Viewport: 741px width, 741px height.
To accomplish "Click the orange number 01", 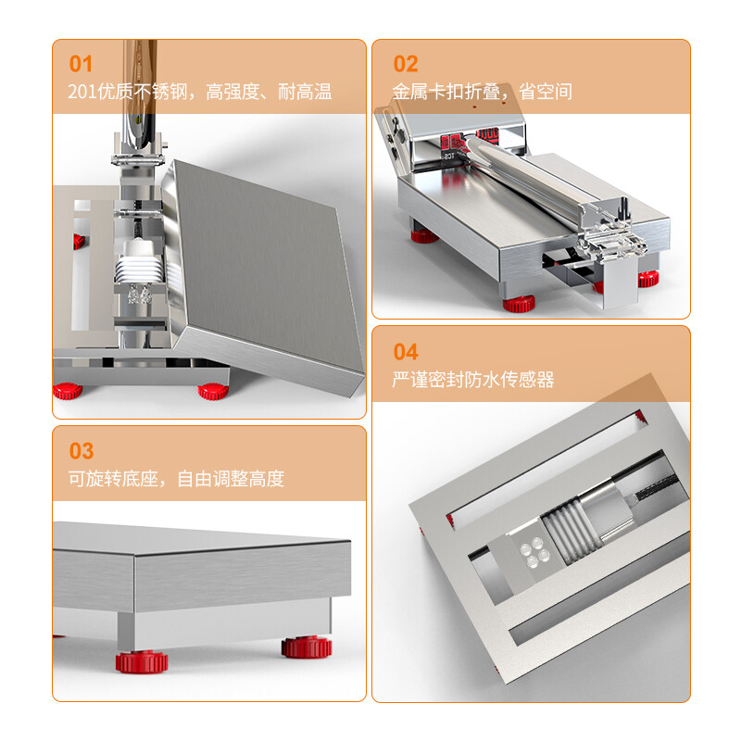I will [82, 64].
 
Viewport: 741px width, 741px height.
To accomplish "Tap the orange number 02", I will [406, 64].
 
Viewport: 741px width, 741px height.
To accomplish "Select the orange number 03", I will [82, 451].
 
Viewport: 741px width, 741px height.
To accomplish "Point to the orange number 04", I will [406, 351].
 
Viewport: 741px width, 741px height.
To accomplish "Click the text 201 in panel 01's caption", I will [82, 92].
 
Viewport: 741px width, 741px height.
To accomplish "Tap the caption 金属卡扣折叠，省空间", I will [482, 92].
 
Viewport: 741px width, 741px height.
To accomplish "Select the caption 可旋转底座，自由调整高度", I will [176, 479].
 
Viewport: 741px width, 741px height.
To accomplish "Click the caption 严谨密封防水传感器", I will [473, 380].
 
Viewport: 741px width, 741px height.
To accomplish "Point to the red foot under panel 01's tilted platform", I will [216, 390].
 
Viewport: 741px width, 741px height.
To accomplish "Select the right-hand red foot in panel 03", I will [307, 646].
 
